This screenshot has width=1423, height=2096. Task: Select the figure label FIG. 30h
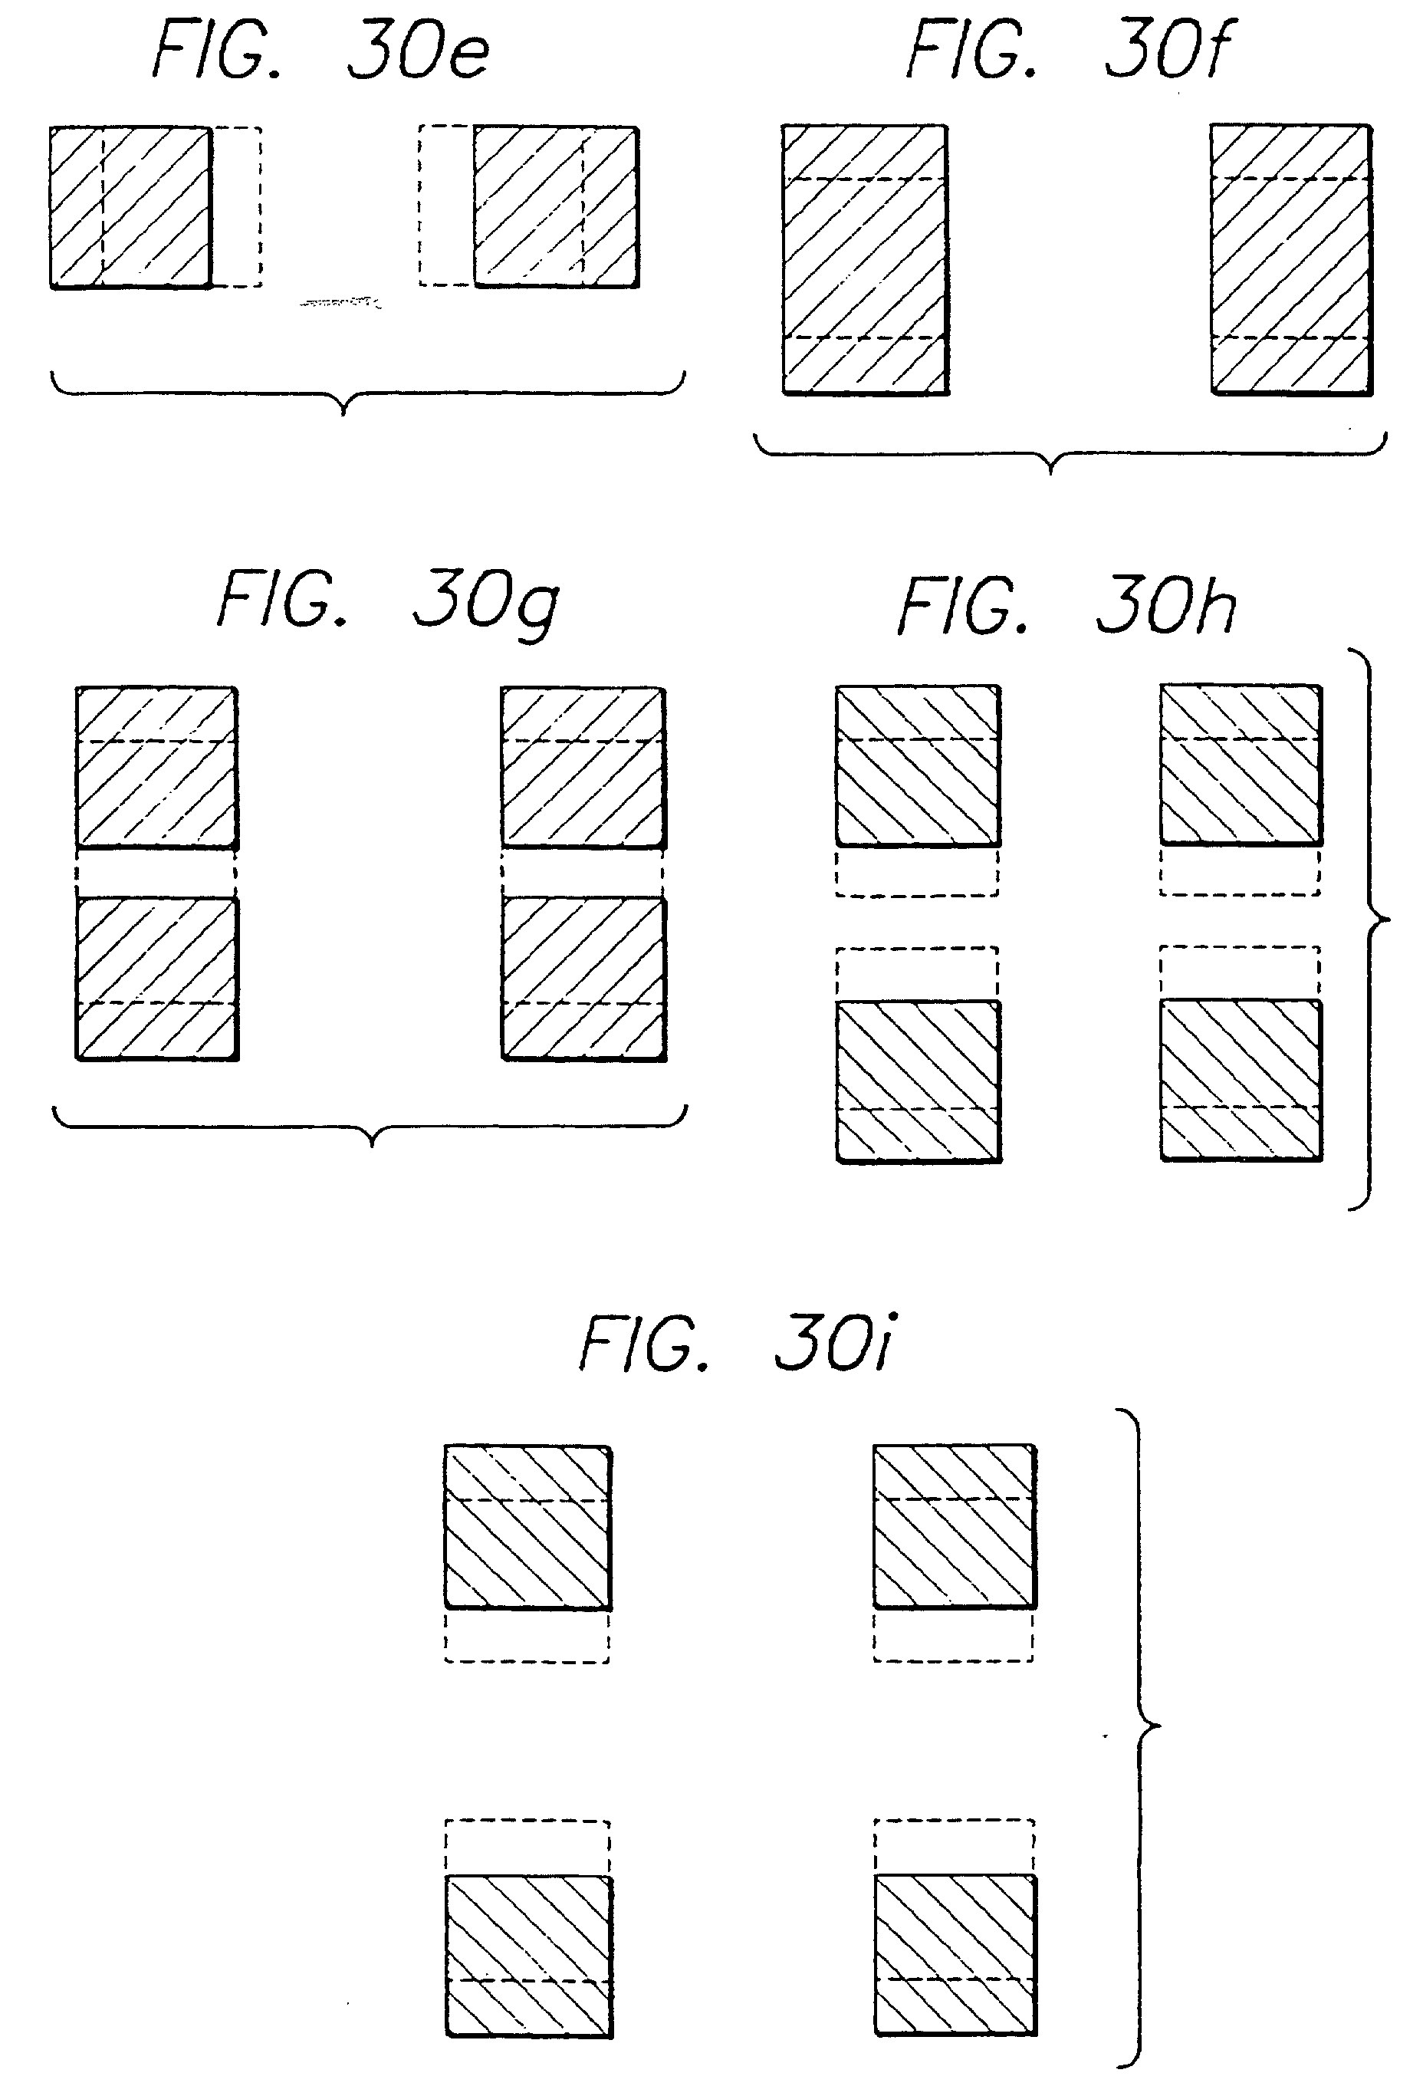coord(1066,607)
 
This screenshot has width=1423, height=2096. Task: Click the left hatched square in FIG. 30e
coord(131,207)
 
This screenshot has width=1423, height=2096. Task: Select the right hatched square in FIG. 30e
coord(557,207)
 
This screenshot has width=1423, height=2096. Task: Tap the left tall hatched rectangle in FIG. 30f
coord(865,260)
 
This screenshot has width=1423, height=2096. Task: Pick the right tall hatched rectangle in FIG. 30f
coord(1291,260)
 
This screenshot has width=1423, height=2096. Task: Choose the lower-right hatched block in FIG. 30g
coord(583,979)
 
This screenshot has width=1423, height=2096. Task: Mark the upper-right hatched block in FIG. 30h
coord(1241,765)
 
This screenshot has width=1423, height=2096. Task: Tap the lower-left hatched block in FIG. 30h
coord(918,1081)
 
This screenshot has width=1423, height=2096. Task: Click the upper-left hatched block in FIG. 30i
coord(527,1528)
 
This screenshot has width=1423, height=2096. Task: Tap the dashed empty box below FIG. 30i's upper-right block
coord(954,1635)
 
